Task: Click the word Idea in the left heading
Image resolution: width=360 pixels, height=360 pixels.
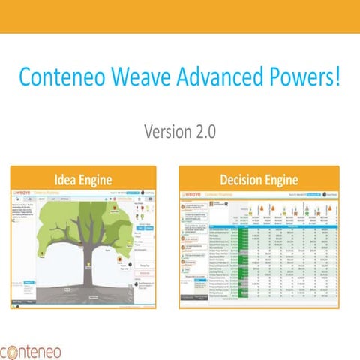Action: point(66,180)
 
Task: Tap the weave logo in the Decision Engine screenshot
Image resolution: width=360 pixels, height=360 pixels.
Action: point(193,193)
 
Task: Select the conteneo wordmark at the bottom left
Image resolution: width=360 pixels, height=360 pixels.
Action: point(37,350)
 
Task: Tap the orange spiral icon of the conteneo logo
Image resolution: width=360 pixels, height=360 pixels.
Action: point(6,351)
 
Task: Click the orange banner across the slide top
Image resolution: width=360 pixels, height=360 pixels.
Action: point(180,15)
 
